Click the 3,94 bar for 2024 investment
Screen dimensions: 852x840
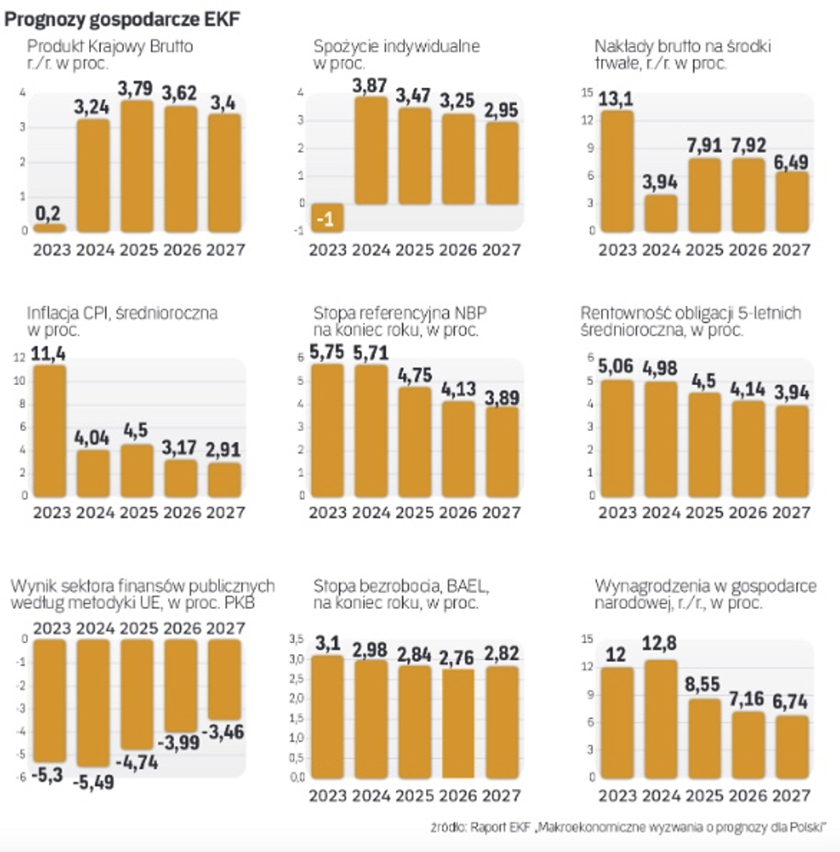tap(661, 213)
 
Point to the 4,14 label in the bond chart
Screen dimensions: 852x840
tap(748, 390)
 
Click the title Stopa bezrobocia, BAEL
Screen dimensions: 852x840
tap(401, 586)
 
